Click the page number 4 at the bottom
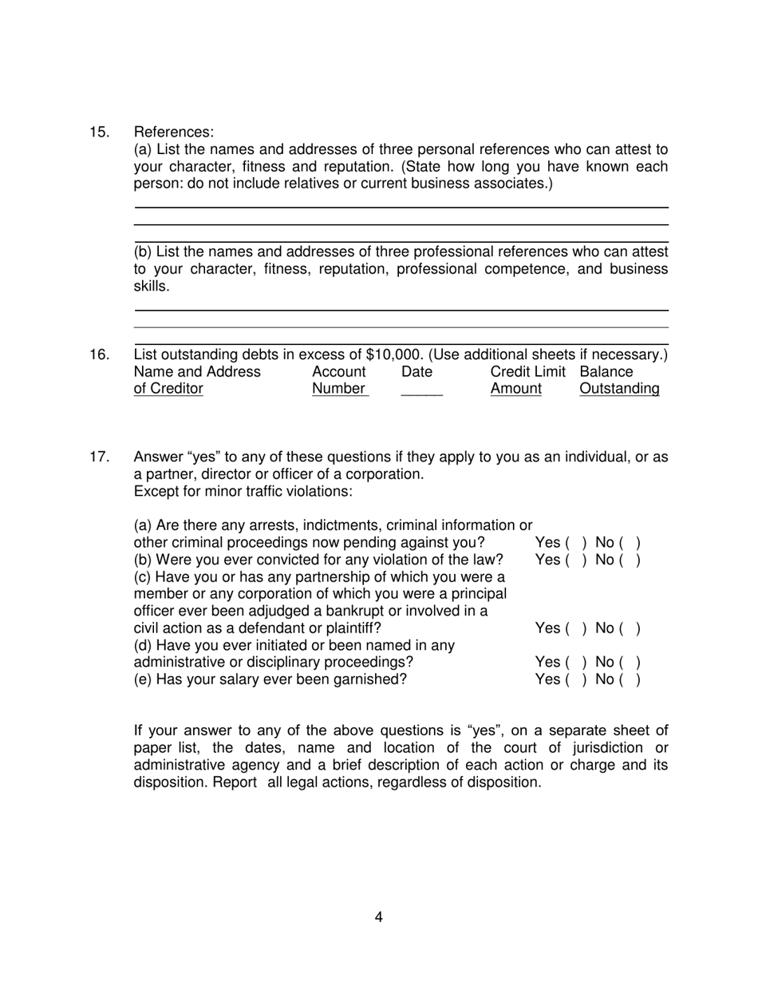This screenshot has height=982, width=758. (378, 917)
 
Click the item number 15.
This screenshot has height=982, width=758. (99, 132)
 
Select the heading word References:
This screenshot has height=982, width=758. (174, 132)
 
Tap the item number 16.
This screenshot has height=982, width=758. (99, 354)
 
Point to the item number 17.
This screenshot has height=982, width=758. (99, 457)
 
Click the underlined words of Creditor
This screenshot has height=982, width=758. (168, 389)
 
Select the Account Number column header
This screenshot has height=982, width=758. (339, 380)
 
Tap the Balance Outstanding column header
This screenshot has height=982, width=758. (619, 380)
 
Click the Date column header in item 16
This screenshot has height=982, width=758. (417, 372)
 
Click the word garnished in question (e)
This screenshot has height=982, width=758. (367, 679)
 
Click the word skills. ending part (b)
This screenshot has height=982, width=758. (152, 286)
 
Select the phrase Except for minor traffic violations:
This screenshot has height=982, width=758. (243, 491)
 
